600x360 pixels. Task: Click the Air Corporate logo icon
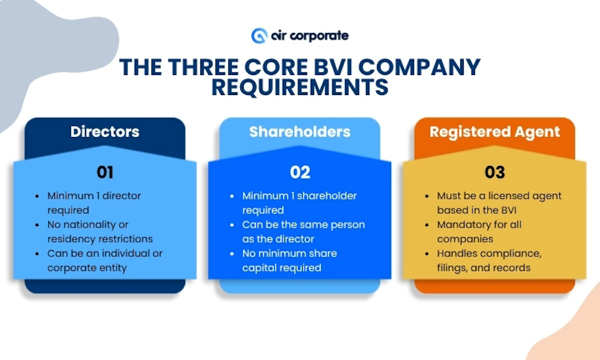click(x=259, y=35)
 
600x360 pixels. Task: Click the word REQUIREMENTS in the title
click(x=299, y=86)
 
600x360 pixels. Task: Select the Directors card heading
click(x=104, y=131)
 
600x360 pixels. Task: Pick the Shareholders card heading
click(x=299, y=131)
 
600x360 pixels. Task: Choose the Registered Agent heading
click(x=494, y=131)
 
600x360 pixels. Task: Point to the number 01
click(x=104, y=172)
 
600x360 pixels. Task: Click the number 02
click(x=299, y=172)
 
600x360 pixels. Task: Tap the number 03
click(x=494, y=172)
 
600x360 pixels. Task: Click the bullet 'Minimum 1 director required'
click(x=94, y=202)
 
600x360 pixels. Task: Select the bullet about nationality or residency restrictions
click(x=100, y=231)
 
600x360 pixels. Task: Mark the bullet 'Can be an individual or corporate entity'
click(x=104, y=260)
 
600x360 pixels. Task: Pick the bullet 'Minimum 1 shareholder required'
click(x=299, y=202)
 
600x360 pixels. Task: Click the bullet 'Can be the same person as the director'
click(x=303, y=231)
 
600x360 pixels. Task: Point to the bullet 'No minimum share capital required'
click(x=289, y=260)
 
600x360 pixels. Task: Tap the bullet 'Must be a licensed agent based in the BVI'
click(x=499, y=202)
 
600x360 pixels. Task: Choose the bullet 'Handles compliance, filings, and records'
click(x=488, y=260)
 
